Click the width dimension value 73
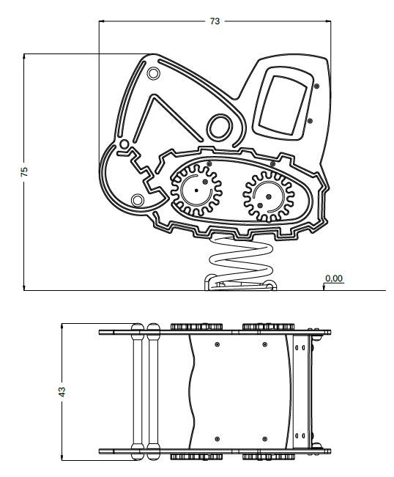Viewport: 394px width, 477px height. click(215, 21)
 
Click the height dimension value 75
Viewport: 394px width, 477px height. click(24, 171)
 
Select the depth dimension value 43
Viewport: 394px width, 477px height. click(62, 391)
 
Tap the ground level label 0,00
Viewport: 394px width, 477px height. click(334, 278)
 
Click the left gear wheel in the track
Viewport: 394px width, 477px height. click(196, 191)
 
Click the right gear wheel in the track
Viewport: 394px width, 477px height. click(269, 196)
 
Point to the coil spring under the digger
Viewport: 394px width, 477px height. click(241, 261)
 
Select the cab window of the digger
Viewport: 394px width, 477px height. click(283, 105)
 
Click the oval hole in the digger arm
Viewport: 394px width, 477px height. click(219, 127)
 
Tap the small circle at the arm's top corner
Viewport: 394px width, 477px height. click(153, 73)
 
